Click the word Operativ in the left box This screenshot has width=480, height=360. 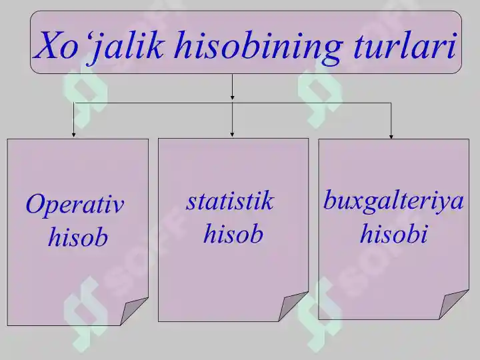pyautogui.click(x=75, y=205)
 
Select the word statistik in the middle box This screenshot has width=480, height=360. pyautogui.click(x=230, y=201)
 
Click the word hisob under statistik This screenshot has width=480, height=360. pyautogui.click(x=233, y=233)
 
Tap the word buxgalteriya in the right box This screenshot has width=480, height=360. pyautogui.click(x=393, y=201)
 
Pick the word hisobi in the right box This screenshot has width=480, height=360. pyautogui.click(x=393, y=233)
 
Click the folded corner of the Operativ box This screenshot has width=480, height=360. pyautogui.click(x=133, y=311)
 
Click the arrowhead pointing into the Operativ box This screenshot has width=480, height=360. pyautogui.click(x=74, y=134)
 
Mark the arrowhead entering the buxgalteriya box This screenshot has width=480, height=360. pyautogui.click(x=391, y=135)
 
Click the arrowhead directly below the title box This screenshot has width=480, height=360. pyautogui.click(x=233, y=99)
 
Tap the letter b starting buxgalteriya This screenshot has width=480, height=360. pyautogui.click(x=330, y=199)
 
